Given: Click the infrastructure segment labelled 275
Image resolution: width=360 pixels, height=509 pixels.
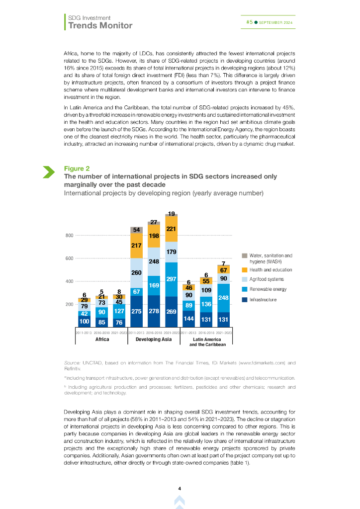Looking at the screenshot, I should [x=137, y=311].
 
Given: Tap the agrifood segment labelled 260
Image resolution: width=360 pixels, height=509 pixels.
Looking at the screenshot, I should [x=137, y=272].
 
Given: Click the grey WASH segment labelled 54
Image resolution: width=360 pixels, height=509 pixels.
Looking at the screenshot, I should [x=137, y=230].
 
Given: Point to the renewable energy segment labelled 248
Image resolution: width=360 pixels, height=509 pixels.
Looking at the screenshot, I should [x=223, y=297].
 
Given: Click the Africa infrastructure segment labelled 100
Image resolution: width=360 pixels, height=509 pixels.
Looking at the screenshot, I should [x=85, y=322].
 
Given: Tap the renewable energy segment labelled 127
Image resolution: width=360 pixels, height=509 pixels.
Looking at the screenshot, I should [x=119, y=311].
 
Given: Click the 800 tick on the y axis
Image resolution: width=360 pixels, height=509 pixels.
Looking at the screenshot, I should [x=69, y=236].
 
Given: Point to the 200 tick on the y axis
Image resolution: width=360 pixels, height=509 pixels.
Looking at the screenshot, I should [x=69, y=304].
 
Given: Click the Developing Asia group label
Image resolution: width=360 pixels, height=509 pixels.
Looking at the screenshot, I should [x=154, y=339].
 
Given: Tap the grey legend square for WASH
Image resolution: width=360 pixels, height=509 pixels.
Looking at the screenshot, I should [x=244, y=255].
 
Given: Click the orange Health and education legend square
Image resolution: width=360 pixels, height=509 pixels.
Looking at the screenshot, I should [x=244, y=270].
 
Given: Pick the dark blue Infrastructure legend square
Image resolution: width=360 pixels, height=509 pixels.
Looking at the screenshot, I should [x=244, y=299].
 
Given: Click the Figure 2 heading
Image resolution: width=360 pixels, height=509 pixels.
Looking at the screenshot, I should [x=74, y=169].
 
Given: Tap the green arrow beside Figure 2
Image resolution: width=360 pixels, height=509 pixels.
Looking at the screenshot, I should [x=49, y=172].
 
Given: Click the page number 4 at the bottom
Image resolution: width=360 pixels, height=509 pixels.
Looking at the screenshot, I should [x=180, y=489].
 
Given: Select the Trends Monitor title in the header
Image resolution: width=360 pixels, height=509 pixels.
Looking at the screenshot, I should [x=100, y=25].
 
